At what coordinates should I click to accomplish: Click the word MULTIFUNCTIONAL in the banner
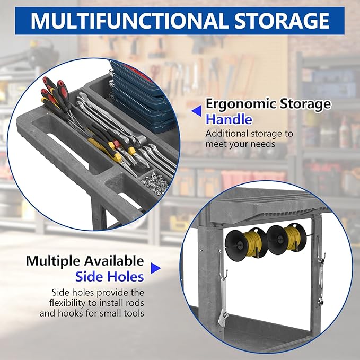click(x=130, y=21)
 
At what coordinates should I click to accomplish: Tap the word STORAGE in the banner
click(x=282, y=21)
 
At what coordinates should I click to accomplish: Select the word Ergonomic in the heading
click(x=240, y=104)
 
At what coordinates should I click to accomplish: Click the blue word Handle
click(x=229, y=120)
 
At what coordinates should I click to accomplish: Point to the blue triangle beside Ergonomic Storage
click(x=197, y=111)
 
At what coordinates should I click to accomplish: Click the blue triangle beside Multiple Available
click(x=156, y=268)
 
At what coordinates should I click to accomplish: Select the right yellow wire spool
click(x=286, y=240)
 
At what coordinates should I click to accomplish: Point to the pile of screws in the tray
click(x=155, y=183)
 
